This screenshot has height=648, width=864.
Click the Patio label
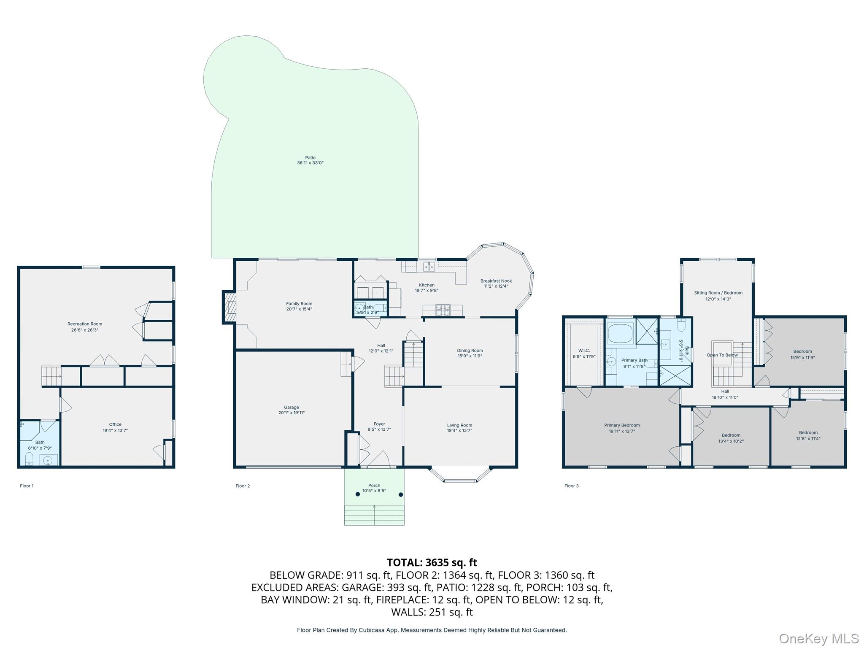click(310, 158)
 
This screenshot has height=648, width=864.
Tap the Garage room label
click(292, 408)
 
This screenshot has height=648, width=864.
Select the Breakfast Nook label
click(496, 281)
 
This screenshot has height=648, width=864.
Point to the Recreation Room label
click(85, 324)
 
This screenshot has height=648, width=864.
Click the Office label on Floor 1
click(115, 424)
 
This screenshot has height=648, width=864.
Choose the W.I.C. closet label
click(584, 351)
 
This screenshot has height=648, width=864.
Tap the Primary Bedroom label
click(622, 425)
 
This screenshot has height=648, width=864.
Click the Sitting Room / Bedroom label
click(718, 293)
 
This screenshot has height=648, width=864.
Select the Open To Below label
click(722, 355)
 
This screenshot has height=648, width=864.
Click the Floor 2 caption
click(243, 486)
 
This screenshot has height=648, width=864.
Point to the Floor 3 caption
click(572, 486)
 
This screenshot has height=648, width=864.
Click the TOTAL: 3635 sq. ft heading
click(432, 562)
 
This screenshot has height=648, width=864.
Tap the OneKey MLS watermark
click(819, 639)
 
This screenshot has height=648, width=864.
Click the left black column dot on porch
click(358, 494)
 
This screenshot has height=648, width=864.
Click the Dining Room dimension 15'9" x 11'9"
click(470, 356)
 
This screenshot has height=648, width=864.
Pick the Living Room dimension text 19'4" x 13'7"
click(460, 431)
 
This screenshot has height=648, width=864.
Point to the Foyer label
click(379, 424)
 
